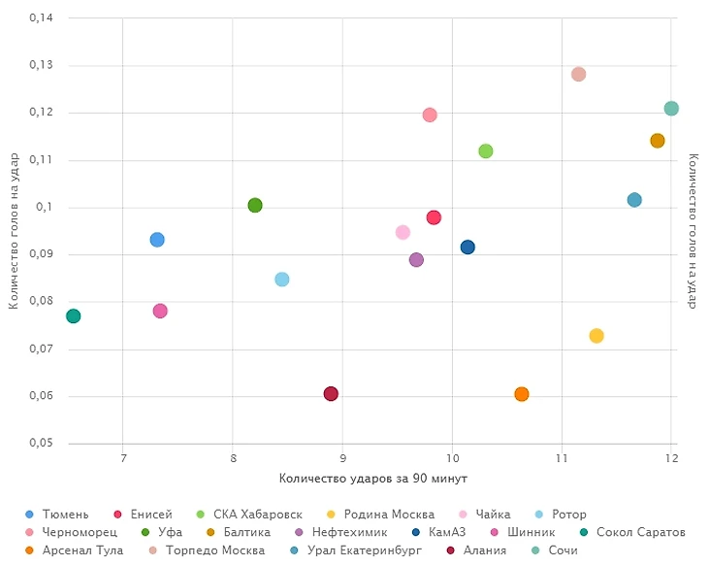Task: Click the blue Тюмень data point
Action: pos(157,240)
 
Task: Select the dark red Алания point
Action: pos(331,393)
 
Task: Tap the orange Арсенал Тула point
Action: pos(522,393)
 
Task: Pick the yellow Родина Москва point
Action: pos(596,336)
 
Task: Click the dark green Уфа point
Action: pos(255,205)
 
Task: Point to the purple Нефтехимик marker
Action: pos(416,260)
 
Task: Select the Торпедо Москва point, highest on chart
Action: pos(579,74)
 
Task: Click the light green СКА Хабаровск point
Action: pos(486,150)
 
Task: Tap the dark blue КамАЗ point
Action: pos(467,248)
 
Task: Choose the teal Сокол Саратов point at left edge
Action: pos(73,316)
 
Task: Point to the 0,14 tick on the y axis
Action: pos(39,18)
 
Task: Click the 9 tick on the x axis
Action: pos(342,458)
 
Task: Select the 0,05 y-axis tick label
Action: pos(39,444)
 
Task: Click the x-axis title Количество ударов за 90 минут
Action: pos(373,478)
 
